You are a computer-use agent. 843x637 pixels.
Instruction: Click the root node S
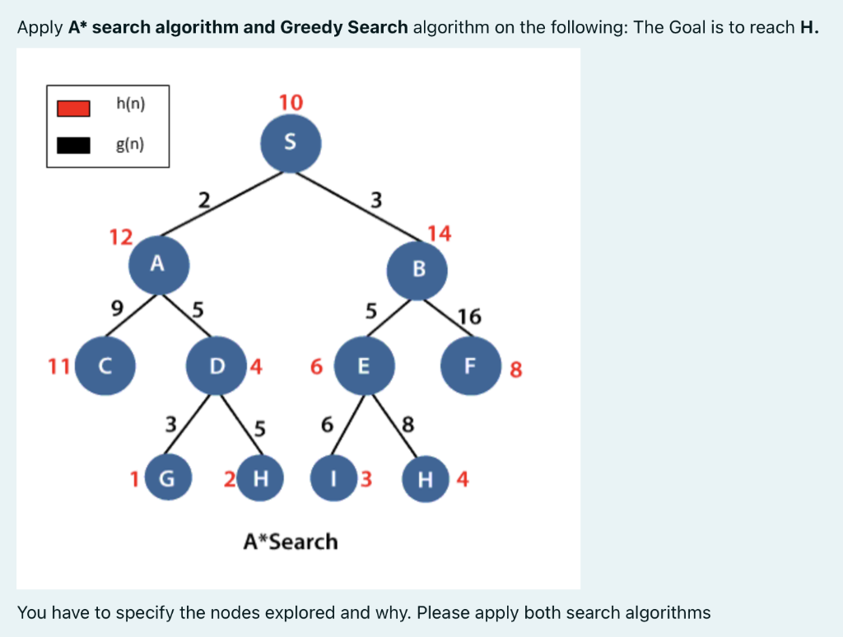tap(291, 142)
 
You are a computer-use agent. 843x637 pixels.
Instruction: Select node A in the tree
tap(159, 264)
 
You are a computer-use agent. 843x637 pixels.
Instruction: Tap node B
tap(418, 268)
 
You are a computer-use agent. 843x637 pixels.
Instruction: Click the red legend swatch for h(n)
tap(73, 108)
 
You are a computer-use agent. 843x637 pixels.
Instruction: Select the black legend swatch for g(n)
tap(73, 146)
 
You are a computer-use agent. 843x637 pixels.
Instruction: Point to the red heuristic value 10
tap(291, 102)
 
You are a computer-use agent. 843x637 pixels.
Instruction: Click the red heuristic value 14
tap(440, 234)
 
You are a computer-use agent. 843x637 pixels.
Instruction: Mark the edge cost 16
tap(469, 316)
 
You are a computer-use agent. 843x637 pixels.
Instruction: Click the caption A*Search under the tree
tap(291, 542)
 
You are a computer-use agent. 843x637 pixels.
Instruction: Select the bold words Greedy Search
tap(344, 27)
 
